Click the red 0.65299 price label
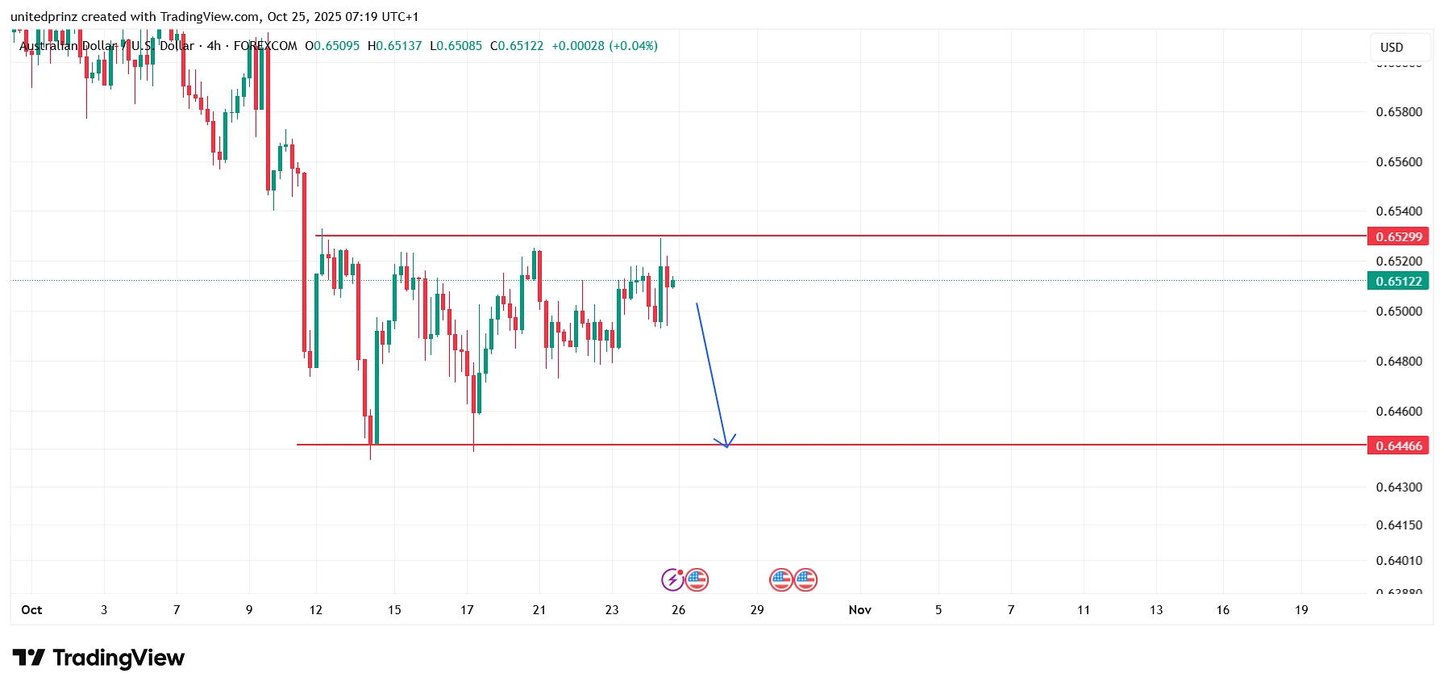(1398, 236)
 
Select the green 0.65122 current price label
(1398, 281)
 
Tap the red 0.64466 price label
(1398, 445)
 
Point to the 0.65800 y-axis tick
(1399, 111)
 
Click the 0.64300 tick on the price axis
(1399, 487)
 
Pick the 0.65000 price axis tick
(1399, 311)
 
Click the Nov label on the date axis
(859, 609)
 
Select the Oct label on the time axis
(31, 609)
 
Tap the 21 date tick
(539, 609)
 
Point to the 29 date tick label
(757, 609)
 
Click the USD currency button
(1392, 47)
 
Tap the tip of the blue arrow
(726, 446)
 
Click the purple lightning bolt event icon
(672, 579)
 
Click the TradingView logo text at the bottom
(118, 659)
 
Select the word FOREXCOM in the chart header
(265, 46)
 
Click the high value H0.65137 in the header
(394, 46)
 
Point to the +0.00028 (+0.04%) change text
(605, 46)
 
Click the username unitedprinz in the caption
(44, 16)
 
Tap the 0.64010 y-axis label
(1399, 560)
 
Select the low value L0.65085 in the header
(456, 46)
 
